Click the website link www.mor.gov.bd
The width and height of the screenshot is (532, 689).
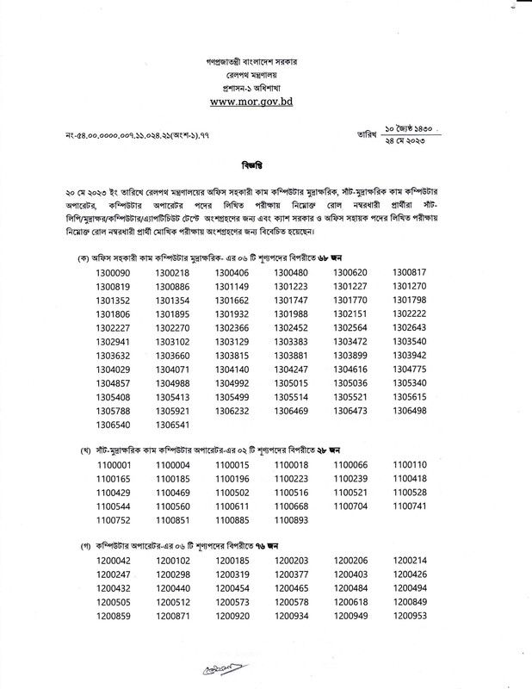[266, 101]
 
